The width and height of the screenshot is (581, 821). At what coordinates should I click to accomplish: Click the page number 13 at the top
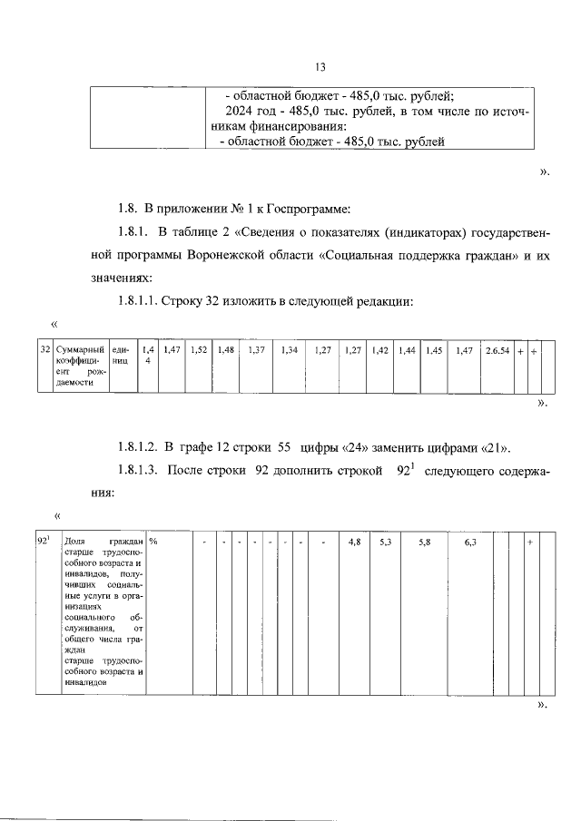pos(320,67)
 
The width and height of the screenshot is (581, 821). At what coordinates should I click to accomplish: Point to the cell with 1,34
pos(290,349)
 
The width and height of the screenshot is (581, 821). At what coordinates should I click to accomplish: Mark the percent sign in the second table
pos(153,542)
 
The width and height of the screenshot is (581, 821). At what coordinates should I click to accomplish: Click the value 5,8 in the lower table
pos(425,542)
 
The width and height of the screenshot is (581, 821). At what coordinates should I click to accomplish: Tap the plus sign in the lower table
pos(530,542)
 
